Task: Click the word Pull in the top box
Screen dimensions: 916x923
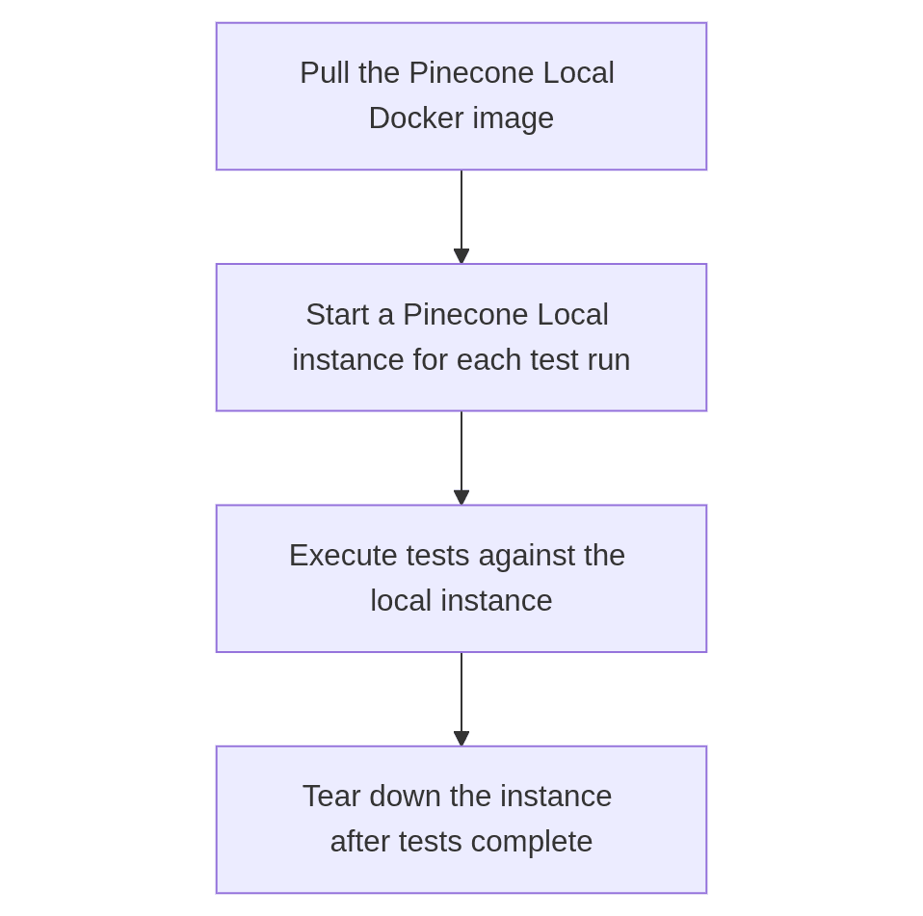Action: click(320, 73)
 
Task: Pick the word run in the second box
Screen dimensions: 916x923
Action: click(608, 360)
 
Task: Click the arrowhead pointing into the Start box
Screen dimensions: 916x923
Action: click(461, 256)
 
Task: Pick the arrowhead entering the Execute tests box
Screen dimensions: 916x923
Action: click(461, 498)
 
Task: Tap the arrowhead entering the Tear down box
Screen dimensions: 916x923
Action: click(461, 739)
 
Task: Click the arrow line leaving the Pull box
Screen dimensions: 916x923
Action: click(461, 207)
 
